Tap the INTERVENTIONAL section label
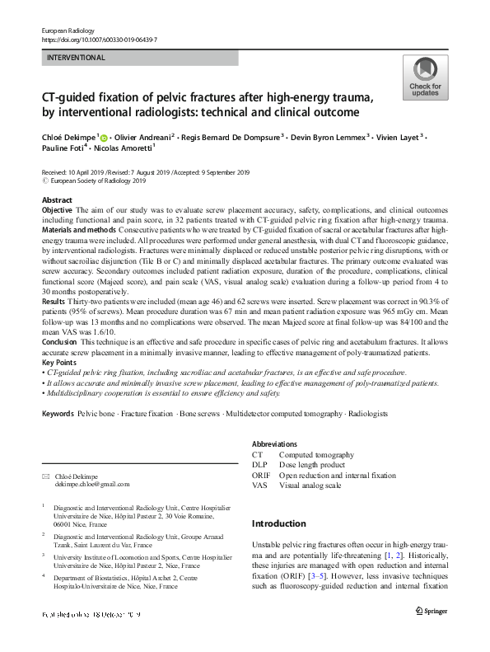click(x=76, y=59)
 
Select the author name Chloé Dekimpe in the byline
click(x=68, y=135)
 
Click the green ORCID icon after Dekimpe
click(x=105, y=135)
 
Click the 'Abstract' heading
click(x=57, y=200)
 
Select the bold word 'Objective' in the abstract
click(x=57, y=211)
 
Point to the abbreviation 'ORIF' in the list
click(x=261, y=476)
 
